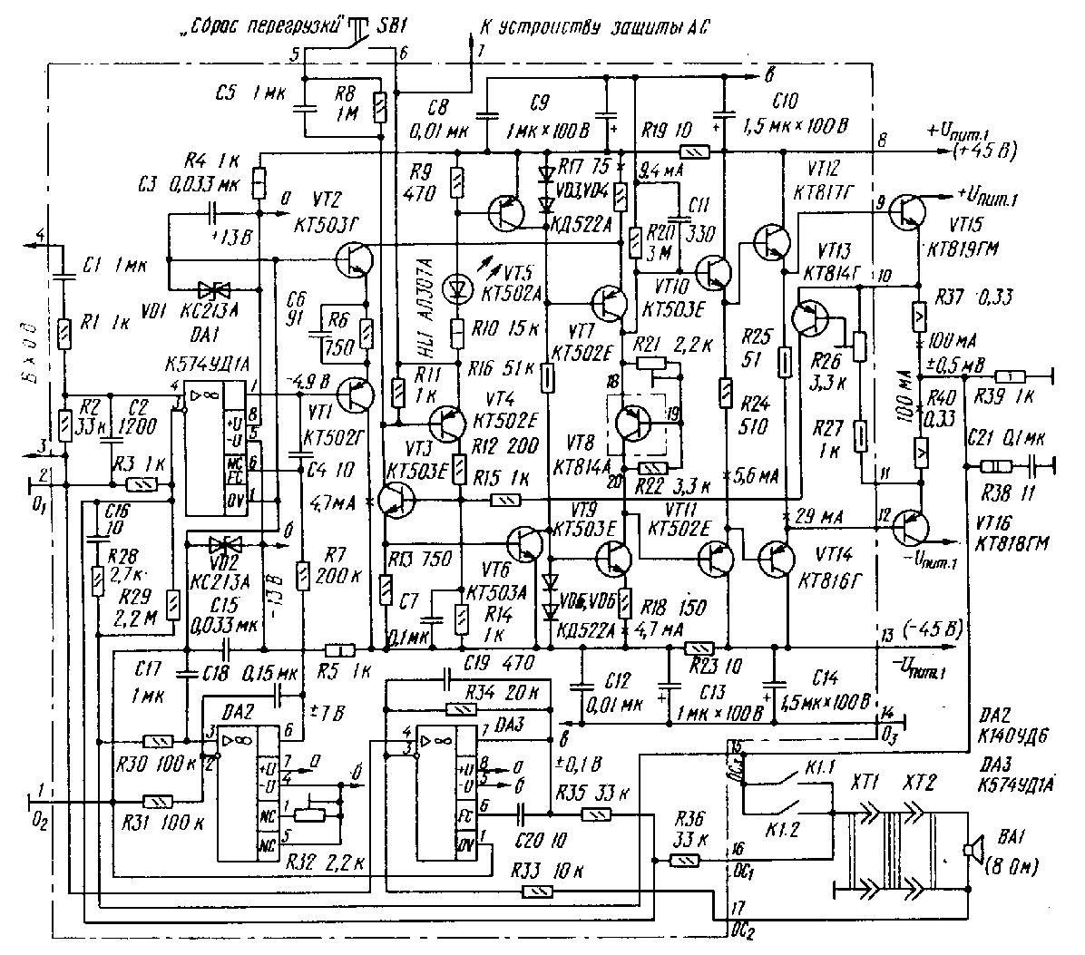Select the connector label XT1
coord(864,781)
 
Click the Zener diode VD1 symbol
coord(216,290)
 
